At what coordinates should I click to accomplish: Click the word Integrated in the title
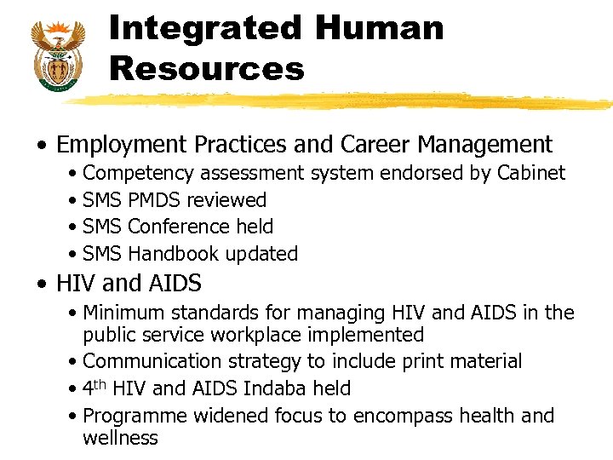click(x=204, y=28)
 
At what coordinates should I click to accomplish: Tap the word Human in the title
click(x=379, y=28)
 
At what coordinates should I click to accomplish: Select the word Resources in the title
click(x=207, y=69)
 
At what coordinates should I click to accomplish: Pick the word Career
click(x=379, y=145)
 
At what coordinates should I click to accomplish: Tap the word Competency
click(x=139, y=173)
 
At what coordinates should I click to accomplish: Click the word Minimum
click(x=123, y=313)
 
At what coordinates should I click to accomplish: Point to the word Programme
click(x=135, y=416)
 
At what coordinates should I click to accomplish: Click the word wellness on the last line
click(x=120, y=438)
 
